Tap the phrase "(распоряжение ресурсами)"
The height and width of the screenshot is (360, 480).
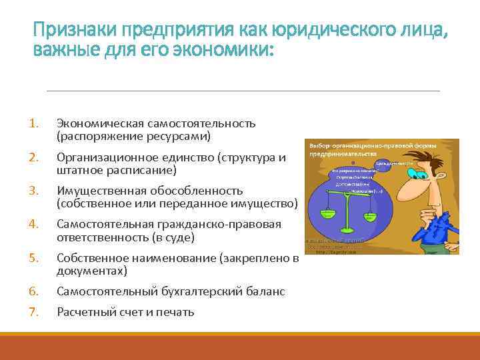coord(133,136)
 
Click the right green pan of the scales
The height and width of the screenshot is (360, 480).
coord(366,212)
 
